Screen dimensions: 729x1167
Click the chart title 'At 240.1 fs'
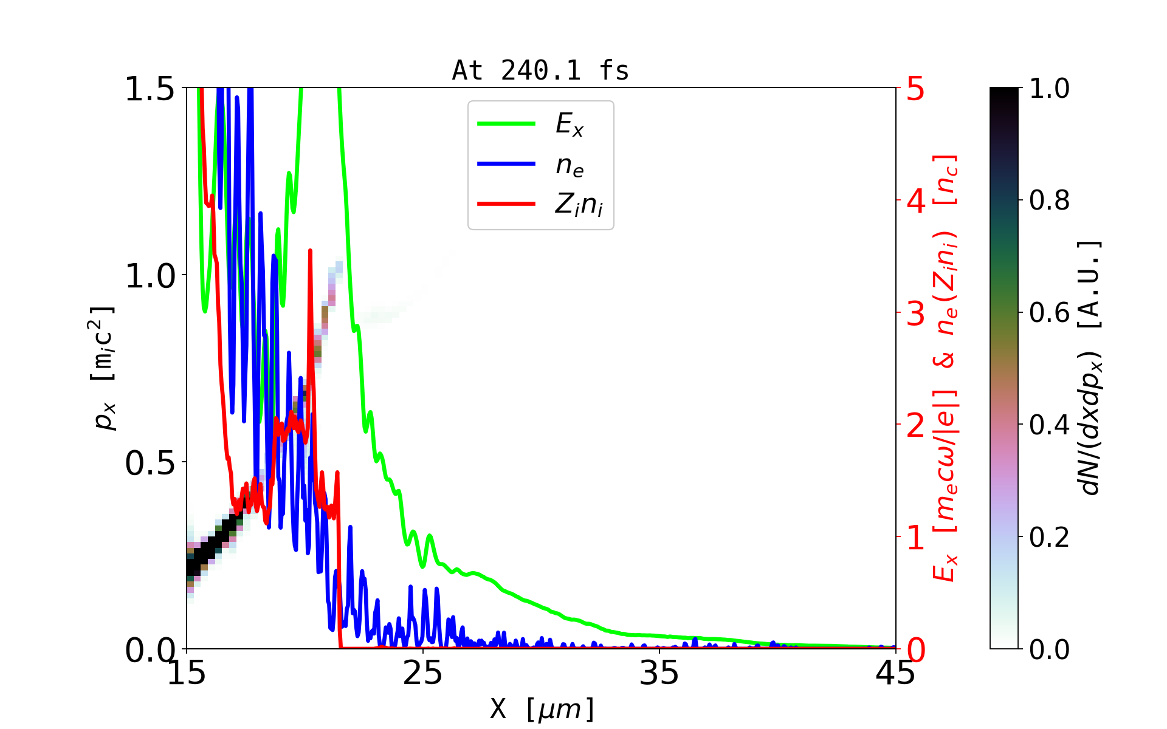pyautogui.click(x=540, y=70)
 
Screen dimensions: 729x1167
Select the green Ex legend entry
pyautogui.click(x=569, y=125)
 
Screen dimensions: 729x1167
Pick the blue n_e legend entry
pyautogui.click(x=569, y=165)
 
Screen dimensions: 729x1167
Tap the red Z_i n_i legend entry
pyautogui.click(x=578, y=205)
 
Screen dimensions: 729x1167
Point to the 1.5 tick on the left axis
pyautogui.click(x=150, y=89)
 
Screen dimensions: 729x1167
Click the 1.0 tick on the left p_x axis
pyautogui.click(x=150, y=276)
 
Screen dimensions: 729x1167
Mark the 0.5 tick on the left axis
pyautogui.click(x=150, y=464)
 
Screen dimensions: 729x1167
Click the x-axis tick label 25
pyautogui.click(x=423, y=673)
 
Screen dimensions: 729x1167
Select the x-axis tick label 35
pyautogui.click(x=659, y=673)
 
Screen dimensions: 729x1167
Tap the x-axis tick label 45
pyautogui.click(x=895, y=673)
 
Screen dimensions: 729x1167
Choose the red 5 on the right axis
pyautogui.click(x=916, y=89)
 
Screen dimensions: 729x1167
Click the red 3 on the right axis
pyautogui.click(x=916, y=313)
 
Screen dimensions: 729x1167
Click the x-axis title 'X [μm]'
pyautogui.click(x=542, y=708)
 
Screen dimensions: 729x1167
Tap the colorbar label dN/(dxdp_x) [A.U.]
pyautogui.click(x=1090, y=368)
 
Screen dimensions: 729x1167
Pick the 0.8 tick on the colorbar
pyautogui.click(x=1049, y=200)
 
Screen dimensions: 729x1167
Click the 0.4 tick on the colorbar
pyautogui.click(x=1049, y=425)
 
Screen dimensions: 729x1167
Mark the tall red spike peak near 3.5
pyautogui.click(x=310, y=250)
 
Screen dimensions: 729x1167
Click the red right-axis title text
pyautogui.click(x=945, y=368)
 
